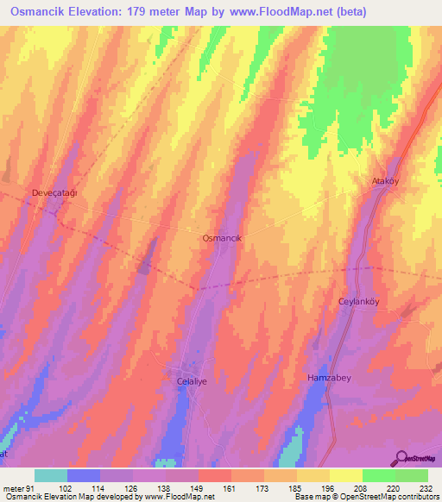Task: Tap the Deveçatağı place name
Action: (x=54, y=192)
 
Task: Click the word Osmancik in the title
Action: (x=38, y=12)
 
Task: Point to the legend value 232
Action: (x=426, y=487)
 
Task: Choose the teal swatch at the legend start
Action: (x=50, y=475)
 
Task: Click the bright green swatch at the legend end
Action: (x=411, y=475)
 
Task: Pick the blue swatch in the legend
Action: (x=83, y=475)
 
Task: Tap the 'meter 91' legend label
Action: (x=17, y=487)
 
